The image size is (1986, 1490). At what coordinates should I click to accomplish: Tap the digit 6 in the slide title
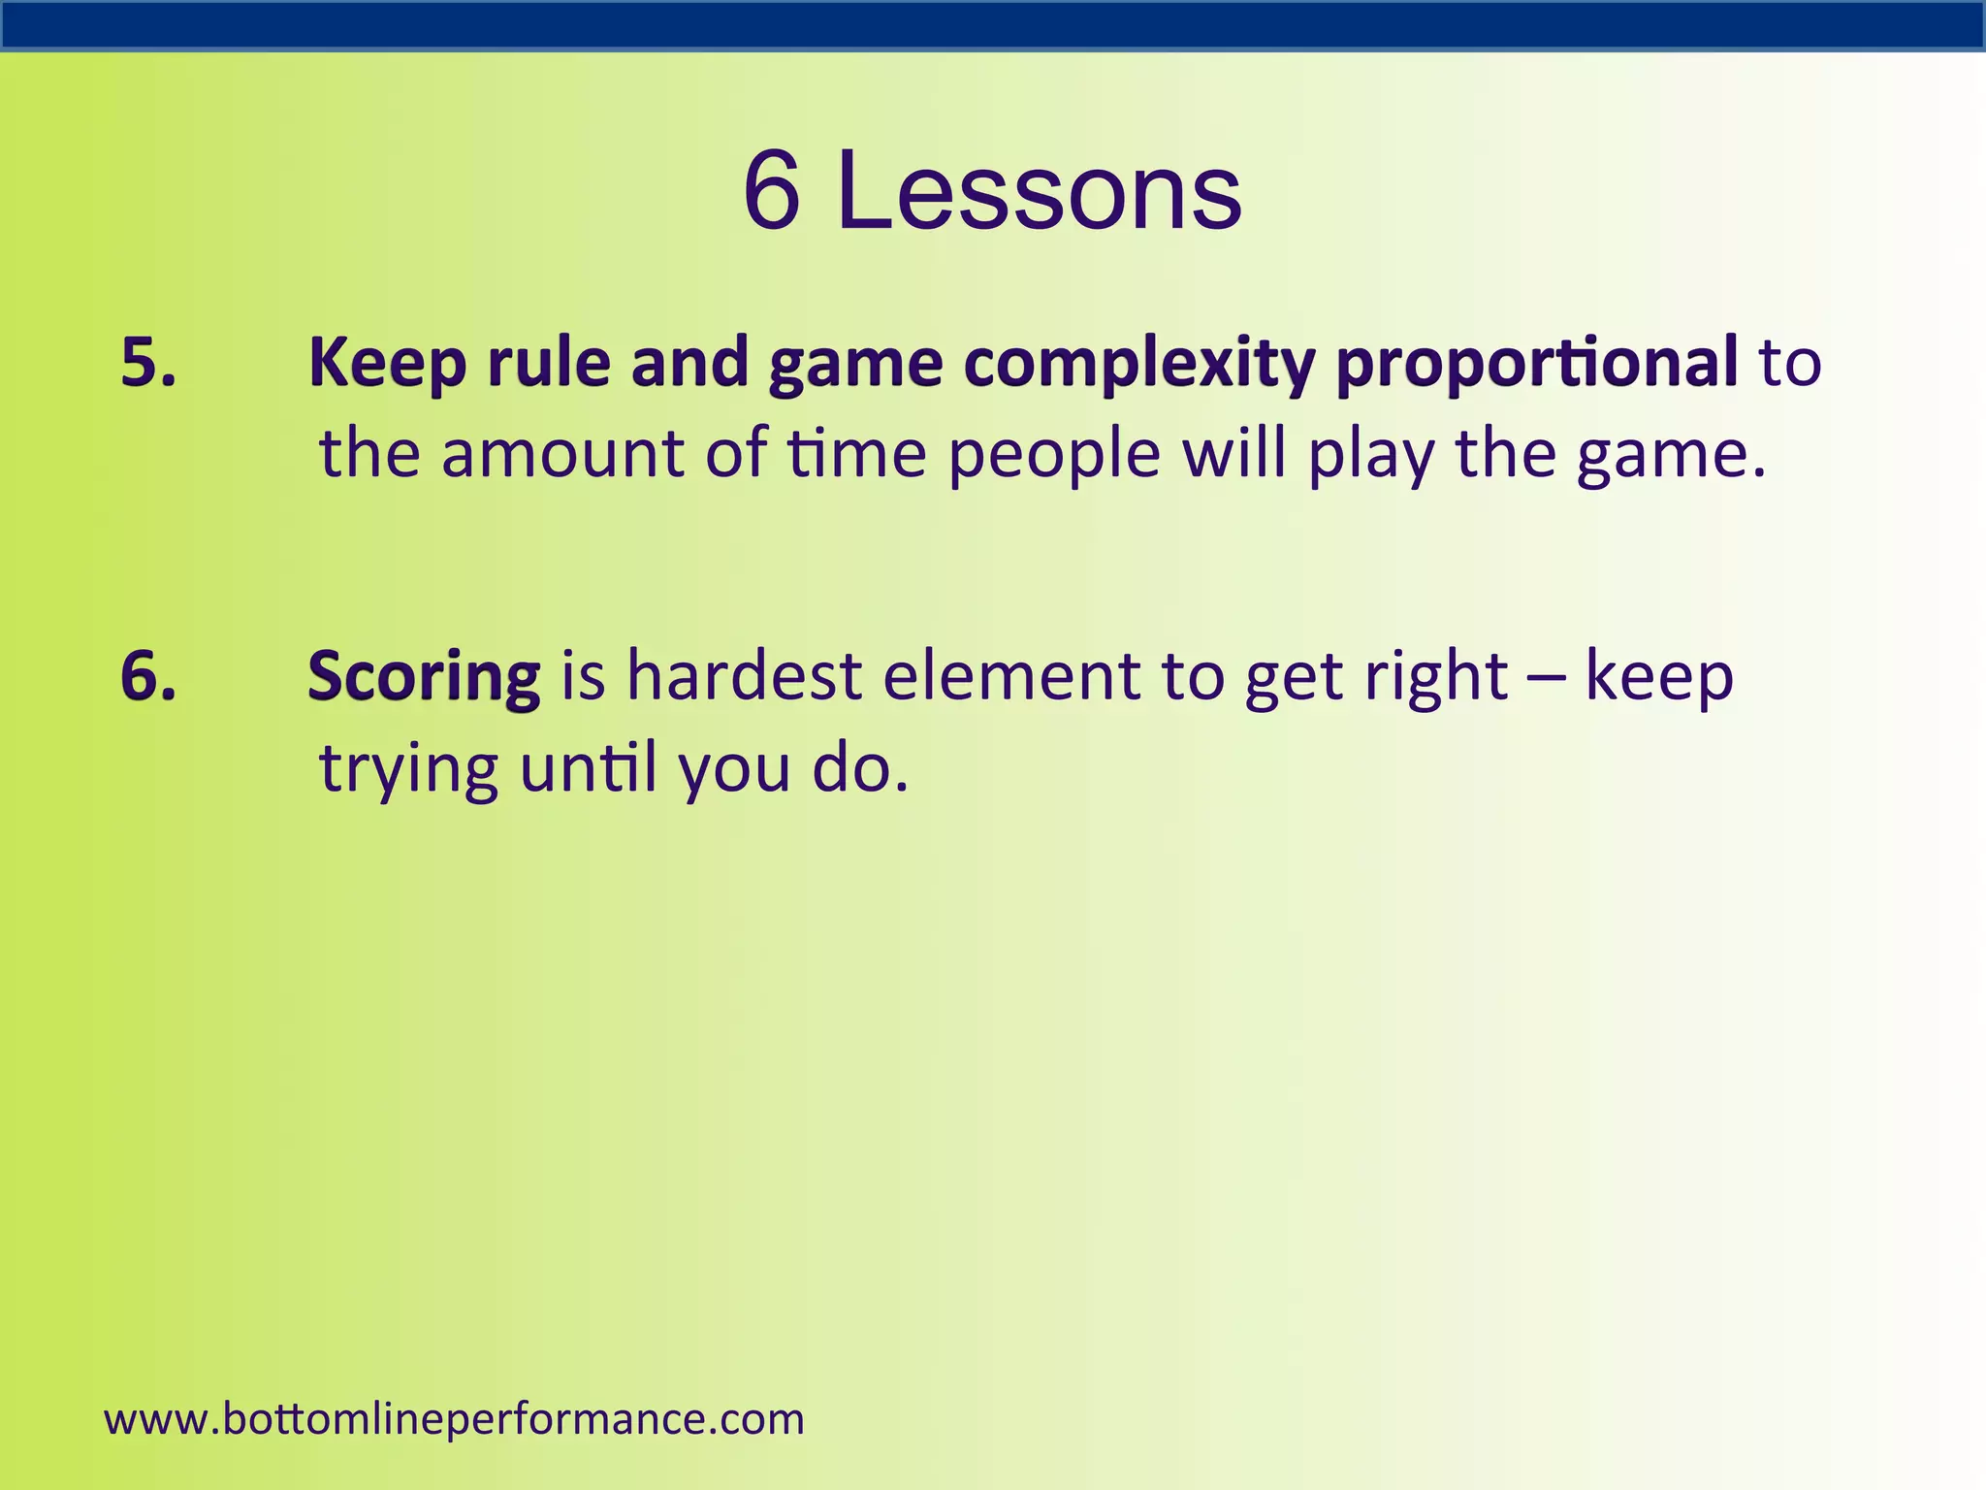772,192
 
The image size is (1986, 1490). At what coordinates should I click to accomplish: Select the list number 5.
148,362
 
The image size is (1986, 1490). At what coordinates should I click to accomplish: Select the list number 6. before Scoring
148,675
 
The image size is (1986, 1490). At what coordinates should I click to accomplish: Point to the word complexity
1139,364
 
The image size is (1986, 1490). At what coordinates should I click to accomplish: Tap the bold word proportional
1536,364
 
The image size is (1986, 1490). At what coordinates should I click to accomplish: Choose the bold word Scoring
424,677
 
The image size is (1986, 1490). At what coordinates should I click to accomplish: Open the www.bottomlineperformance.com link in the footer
454,1418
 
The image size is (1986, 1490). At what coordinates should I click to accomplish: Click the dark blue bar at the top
993,25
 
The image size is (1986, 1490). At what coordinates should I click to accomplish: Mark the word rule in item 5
549,362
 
